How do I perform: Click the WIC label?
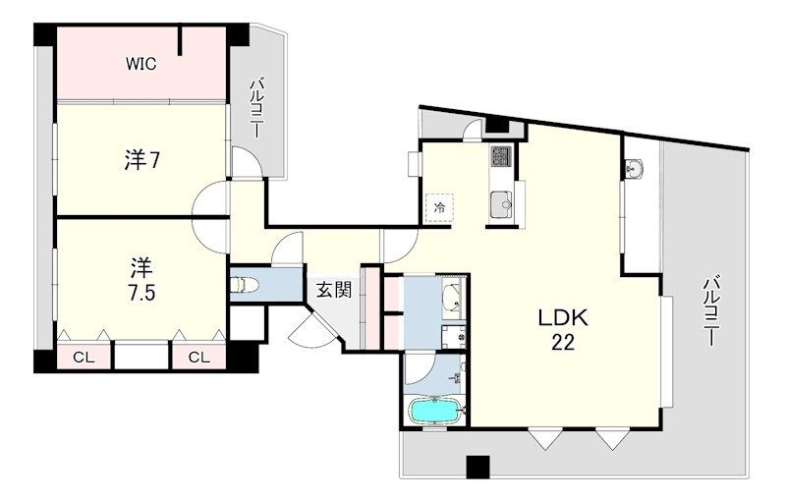[x=140, y=64]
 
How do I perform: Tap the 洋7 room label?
[x=142, y=160]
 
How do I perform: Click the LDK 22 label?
[x=562, y=330]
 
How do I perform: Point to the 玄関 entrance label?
[x=333, y=290]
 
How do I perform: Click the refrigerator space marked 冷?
[x=439, y=208]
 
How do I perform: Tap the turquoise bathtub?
[x=435, y=411]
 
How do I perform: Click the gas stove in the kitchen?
[x=500, y=156]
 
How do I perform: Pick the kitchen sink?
[x=501, y=204]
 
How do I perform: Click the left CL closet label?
[x=84, y=358]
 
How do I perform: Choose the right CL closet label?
[x=199, y=358]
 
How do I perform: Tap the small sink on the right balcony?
[x=636, y=169]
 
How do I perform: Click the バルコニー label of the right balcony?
[x=710, y=311]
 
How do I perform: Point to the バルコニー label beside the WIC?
[x=256, y=108]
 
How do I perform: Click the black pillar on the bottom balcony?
[x=477, y=467]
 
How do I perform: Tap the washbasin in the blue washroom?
[x=454, y=299]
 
